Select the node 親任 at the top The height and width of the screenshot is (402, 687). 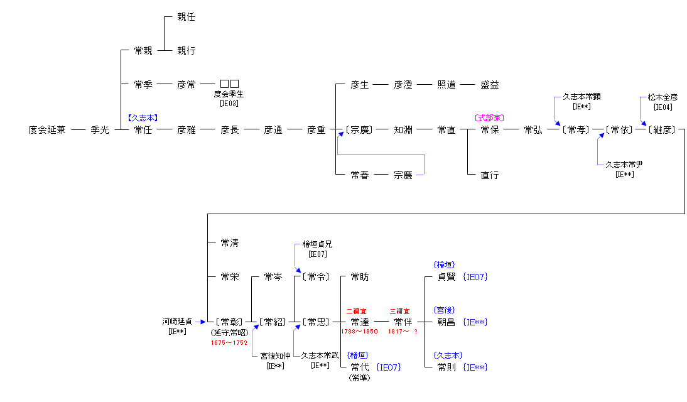click(186, 17)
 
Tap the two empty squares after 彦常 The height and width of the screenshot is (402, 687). click(229, 84)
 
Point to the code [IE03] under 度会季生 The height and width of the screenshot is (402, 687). click(229, 104)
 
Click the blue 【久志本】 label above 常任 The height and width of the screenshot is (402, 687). click(143, 117)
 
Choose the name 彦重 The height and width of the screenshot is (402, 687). click(316, 130)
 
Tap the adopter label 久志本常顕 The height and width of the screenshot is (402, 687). click(581, 97)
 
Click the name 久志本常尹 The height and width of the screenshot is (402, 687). click(624, 165)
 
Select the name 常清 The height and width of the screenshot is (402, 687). click(229, 242)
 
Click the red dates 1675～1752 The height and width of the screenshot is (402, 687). click(229, 343)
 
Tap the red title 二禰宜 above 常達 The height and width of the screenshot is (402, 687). click(356, 311)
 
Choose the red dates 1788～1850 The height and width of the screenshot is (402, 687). click(359, 332)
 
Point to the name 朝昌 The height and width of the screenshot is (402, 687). click(446, 322)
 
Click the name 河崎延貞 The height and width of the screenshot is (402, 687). click(178, 322)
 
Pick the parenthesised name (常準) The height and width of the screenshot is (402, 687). click(360, 378)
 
